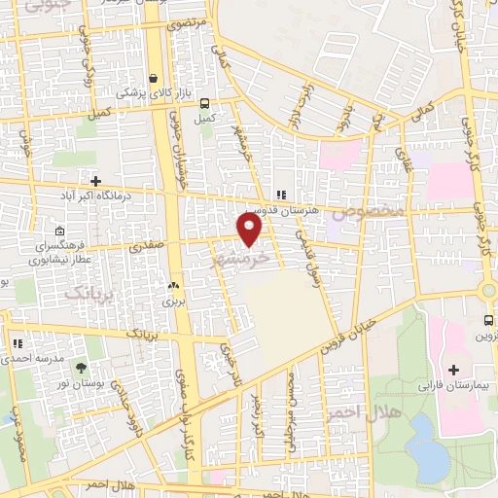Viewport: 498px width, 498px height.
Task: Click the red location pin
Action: [x=250, y=230]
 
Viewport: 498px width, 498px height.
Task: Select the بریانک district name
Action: [x=90, y=291]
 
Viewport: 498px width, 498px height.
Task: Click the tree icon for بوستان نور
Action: [x=80, y=367]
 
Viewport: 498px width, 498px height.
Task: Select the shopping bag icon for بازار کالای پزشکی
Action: [x=154, y=79]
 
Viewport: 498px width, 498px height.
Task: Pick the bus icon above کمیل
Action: [x=204, y=104]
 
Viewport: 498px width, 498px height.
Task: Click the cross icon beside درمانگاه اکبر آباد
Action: [x=95, y=180]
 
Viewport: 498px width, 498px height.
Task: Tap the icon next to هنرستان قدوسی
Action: [x=281, y=194]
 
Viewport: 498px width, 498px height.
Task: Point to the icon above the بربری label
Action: [x=173, y=286]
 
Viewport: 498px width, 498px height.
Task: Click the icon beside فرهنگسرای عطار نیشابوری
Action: [x=60, y=231]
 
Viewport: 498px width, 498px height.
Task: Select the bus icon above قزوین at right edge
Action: [x=488, y=321]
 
